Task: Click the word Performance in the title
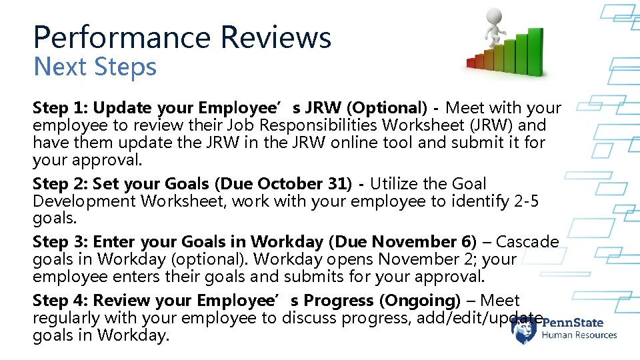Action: pos(123,37)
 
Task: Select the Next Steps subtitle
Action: pos(95,67)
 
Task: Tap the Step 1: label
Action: pos(60,108)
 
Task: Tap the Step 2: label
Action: pos(60,184)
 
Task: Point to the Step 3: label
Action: pos(60,242)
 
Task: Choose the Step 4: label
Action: pos(60,301)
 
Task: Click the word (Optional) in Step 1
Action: pos(386,108)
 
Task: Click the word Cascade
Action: pos(527,242)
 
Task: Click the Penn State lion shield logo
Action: pos(524,329)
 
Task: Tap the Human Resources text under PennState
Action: pos(579,335)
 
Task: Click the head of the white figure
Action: pos(494,16)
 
